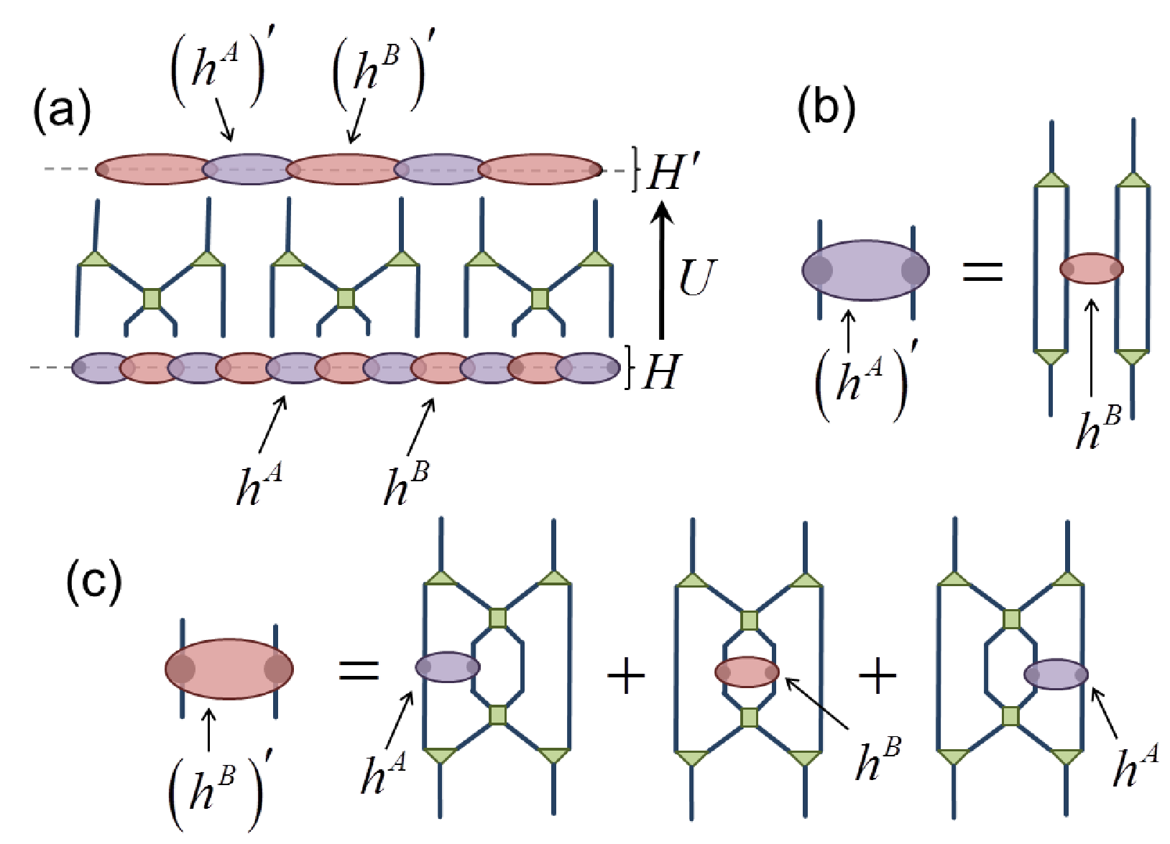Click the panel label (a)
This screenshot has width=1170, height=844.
point(62,111)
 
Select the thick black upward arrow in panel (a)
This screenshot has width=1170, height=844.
point(661,270)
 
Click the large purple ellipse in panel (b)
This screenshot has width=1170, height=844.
point(866,270)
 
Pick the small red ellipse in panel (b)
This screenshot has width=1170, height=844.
point(1092,269)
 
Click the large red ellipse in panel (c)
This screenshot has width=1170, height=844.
point(229,669)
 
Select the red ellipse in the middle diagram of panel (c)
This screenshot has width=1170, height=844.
point(747,672)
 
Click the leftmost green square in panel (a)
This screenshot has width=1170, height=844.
point(152,299)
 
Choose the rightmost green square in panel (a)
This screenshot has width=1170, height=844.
point(540,299)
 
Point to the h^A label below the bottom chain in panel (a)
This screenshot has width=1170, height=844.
point(259,484)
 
